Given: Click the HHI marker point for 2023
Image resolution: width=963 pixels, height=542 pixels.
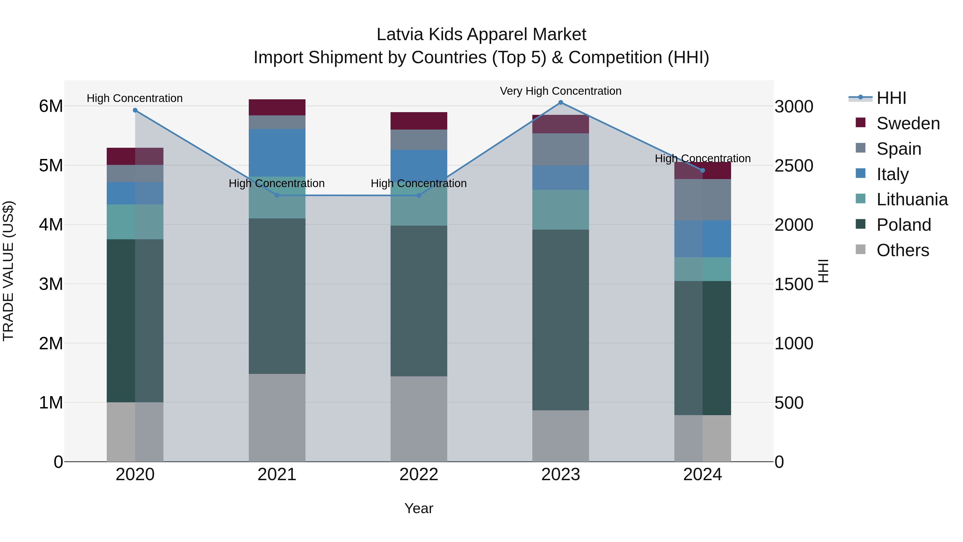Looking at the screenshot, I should pyautogui.click(x=560, y=103).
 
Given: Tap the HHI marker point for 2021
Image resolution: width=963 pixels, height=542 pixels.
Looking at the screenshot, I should pyautogui.click(x=277, y=195).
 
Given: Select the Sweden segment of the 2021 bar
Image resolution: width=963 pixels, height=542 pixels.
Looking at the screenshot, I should pyautogui.click(x=277, y=107).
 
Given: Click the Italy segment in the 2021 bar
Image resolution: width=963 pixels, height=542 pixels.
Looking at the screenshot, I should pyautogui.click(x=277, y=153).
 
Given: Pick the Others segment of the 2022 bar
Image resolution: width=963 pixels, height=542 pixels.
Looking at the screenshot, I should pyautogui.click(x=419, y=419).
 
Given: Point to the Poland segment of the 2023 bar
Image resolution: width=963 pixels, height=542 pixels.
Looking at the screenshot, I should pyautogui.click(x=560, y=320).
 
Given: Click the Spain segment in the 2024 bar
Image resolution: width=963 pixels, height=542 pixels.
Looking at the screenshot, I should pyautogui.click(x=702, y=200).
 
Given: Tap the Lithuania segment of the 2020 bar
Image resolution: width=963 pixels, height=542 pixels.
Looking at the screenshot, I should pyautogui.click(x=135, y=222).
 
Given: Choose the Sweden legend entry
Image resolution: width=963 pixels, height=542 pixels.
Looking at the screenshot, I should pyautogui.click(x=908, y=123).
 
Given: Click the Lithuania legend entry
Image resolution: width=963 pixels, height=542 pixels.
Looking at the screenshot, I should pyautogui.click(x=912, y=199).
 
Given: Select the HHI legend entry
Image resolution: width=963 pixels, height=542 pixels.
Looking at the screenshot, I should pyautogui.click(x=891, y=98).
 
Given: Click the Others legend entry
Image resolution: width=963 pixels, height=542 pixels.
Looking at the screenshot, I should pyautogui.click(x=903, y=250).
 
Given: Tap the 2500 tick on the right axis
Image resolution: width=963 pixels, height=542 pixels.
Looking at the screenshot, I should pyautogui.click(x=793, y=166).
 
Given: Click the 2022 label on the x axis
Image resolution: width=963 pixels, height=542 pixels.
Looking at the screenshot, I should pyautogui.click(x=419, y=475).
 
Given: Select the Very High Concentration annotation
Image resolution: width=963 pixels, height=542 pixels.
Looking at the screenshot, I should pyautogui.click(x=560, y=91).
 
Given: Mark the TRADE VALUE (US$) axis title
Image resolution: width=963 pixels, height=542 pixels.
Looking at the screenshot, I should pyautogui.click(x=9, y=271).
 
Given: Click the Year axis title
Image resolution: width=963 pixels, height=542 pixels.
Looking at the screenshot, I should pyautogui.click(x=419, y=508).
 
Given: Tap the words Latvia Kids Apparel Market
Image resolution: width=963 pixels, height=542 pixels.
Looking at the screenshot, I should pyautogui.click(x=481, y=35).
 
